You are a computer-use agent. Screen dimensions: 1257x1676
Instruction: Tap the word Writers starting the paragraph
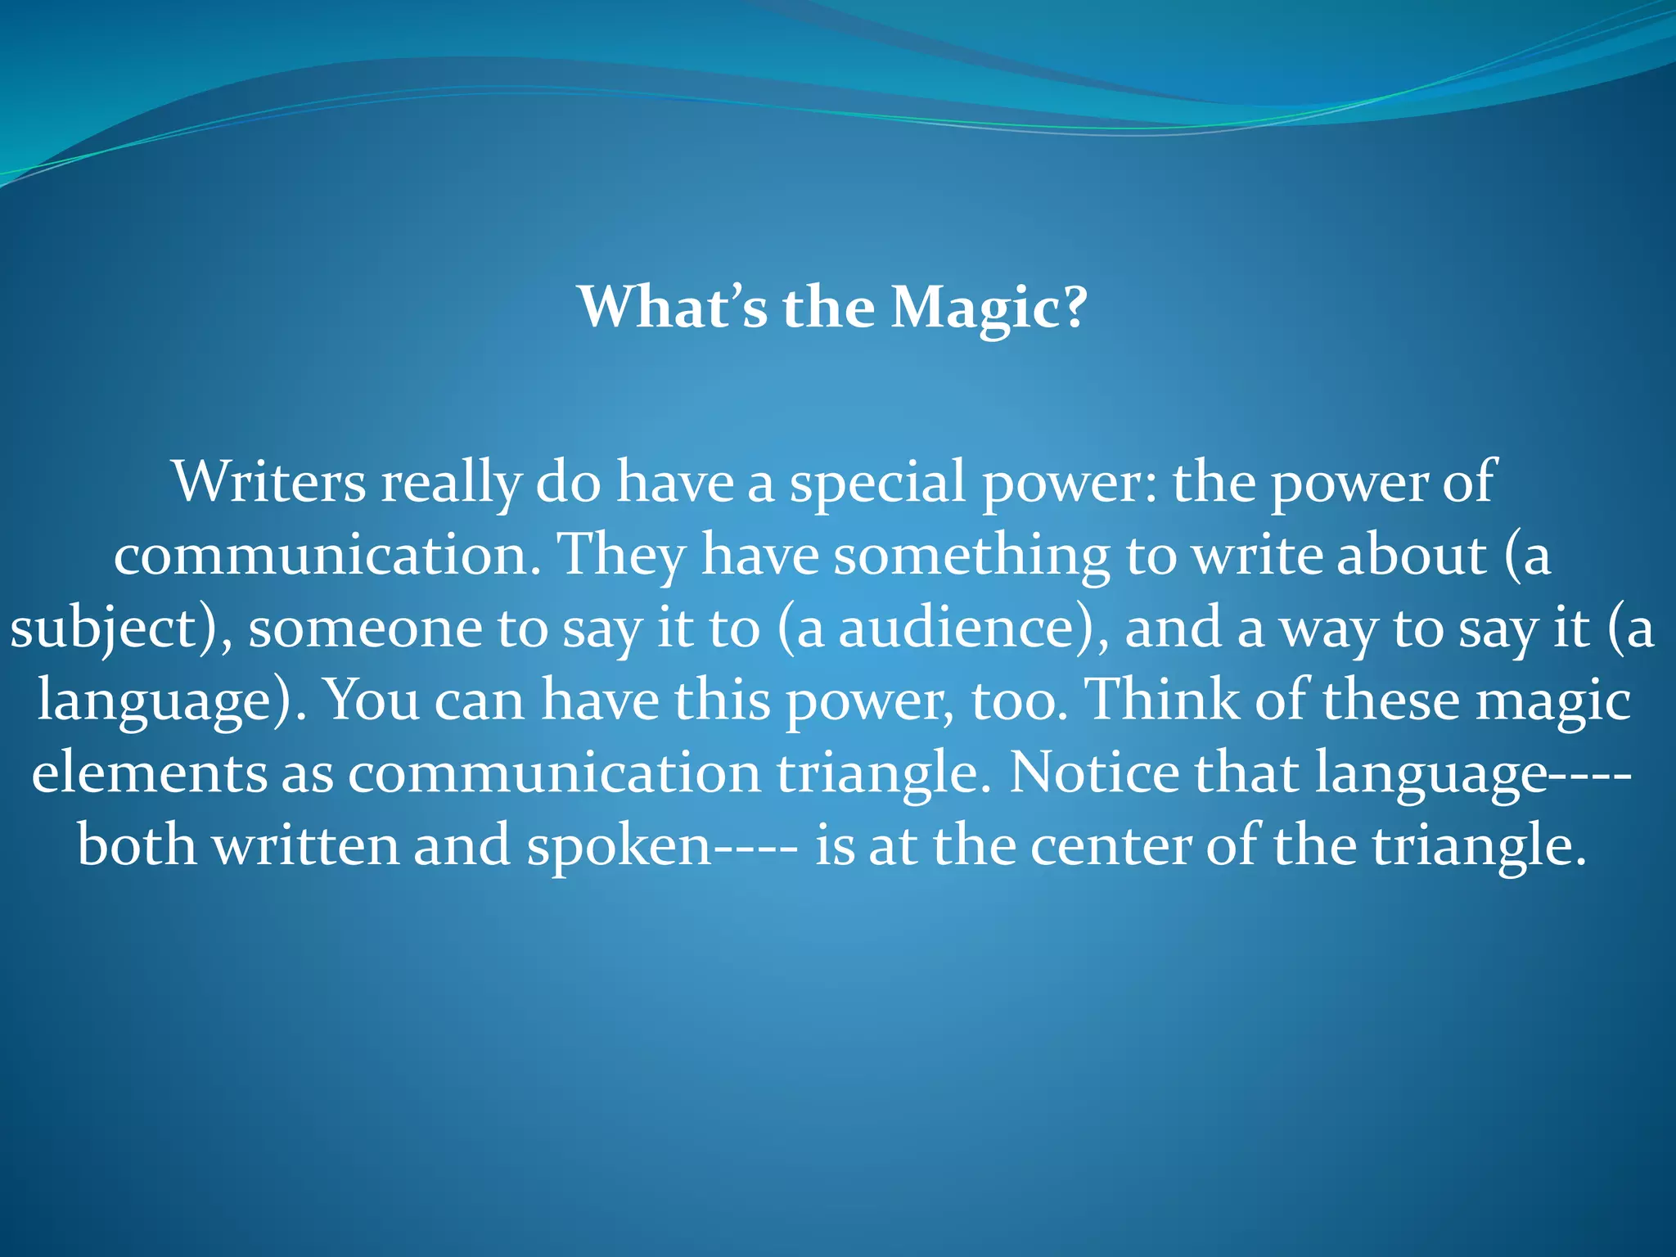(x=269, y=482)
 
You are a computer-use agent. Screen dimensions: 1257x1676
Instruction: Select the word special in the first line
(x=876, y=482)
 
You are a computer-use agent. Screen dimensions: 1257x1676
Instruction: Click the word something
(x=971, y=555)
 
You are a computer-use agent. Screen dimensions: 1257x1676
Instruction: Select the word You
(x=372, y=701)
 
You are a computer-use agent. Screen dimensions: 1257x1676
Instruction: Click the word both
(x=137, y=845)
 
